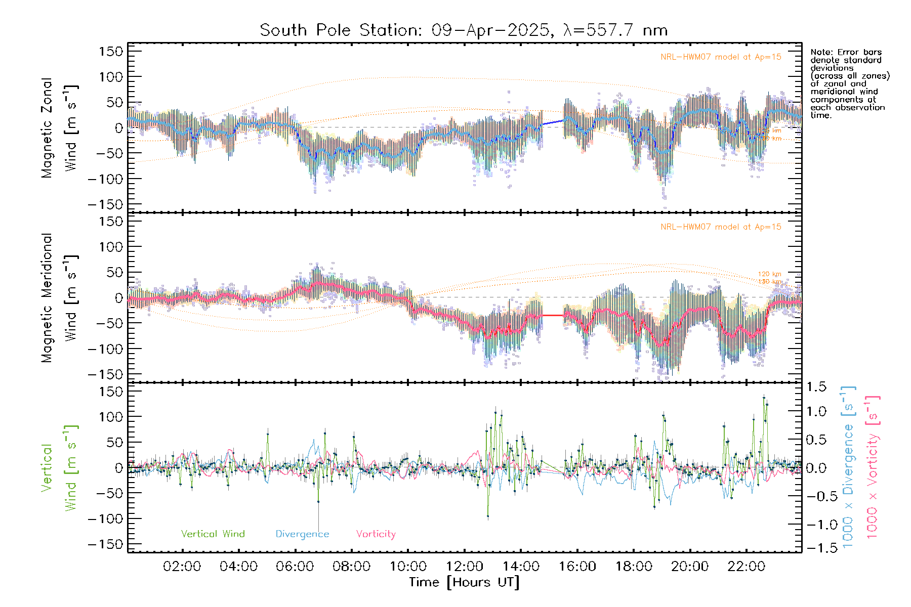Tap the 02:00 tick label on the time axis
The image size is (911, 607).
182,567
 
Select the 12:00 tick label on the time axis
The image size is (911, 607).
464,567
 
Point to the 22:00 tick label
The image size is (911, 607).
746,567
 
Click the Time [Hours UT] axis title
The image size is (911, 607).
464,582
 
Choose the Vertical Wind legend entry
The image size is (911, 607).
213,534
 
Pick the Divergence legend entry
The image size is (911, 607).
302,534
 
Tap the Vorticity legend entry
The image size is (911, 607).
376,534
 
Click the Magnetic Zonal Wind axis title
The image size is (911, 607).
60,128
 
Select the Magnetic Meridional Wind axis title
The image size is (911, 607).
60,298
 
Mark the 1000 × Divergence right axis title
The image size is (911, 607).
848,467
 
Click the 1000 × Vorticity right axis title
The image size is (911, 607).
872,467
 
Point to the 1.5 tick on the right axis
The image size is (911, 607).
816,387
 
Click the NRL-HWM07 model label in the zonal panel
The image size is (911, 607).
721,57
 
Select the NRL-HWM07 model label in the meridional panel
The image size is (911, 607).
721,227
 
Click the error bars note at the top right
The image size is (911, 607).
849,83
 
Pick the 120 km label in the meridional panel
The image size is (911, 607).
769,274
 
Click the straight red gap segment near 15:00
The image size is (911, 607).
553,315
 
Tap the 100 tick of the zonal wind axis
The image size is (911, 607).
111,77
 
